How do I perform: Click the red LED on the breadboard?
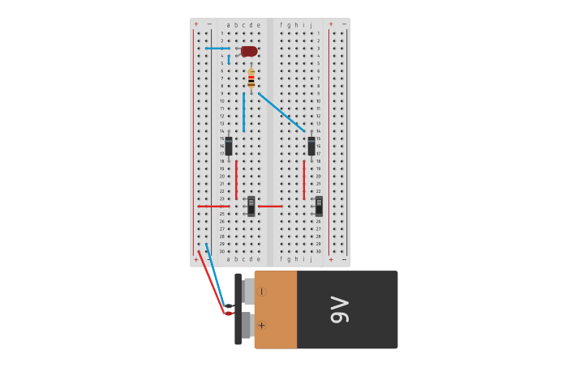pos(249,51)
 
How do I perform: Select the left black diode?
pos(229,146)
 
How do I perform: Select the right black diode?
pos(311,146)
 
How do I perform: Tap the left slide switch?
pos(251,206)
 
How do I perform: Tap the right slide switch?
pos(319,206)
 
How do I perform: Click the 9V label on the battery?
pos(340,309)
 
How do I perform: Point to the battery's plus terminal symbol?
pos(262,325)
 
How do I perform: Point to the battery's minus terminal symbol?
pos(262,292)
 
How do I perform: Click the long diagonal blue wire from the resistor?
pos(281,112)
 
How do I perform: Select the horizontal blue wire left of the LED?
pos(217,49)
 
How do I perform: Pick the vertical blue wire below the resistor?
pos(243,112)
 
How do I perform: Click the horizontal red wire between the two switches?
pos(270,206)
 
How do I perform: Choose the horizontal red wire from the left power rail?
pos(212,206)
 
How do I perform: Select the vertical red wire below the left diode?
pos(236,179)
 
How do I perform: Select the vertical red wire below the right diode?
pos(304,179)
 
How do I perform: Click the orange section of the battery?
pos(277,309)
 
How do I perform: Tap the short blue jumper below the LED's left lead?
pos(229,58)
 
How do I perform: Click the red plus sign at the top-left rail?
pos(195,24)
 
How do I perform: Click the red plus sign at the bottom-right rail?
pos(331,259)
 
